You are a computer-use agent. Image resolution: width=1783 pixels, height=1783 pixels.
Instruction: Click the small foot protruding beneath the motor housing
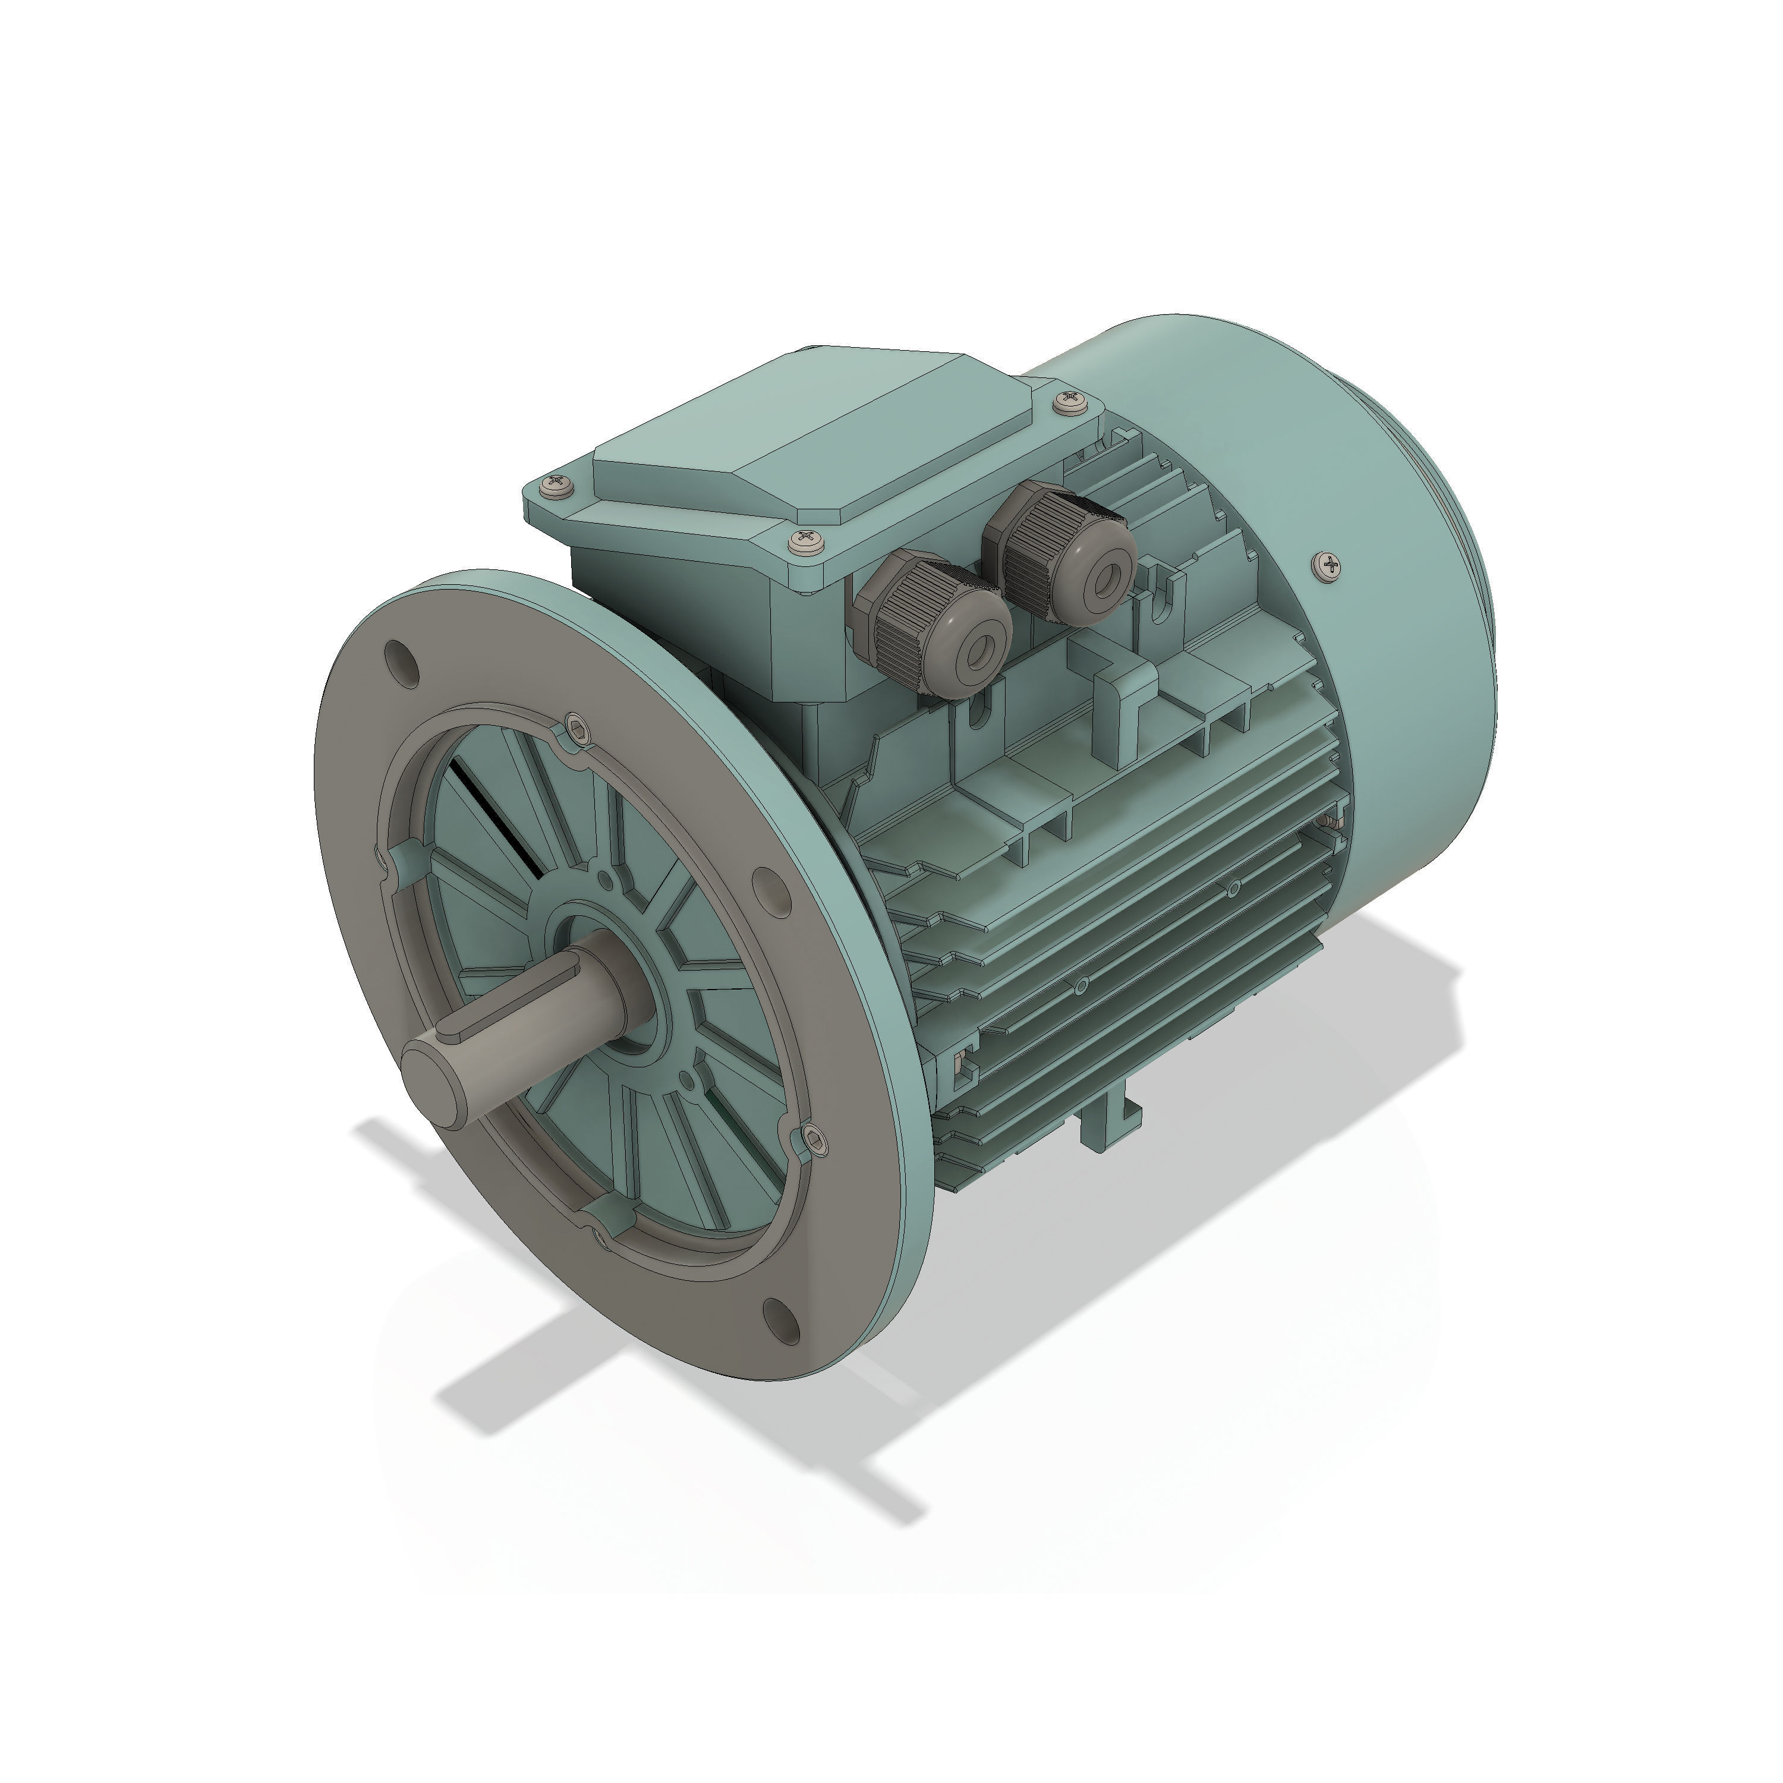[x=1110, y=1123]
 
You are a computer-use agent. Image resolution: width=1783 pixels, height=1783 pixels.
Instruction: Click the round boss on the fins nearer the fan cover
[x=1235, y=889]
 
